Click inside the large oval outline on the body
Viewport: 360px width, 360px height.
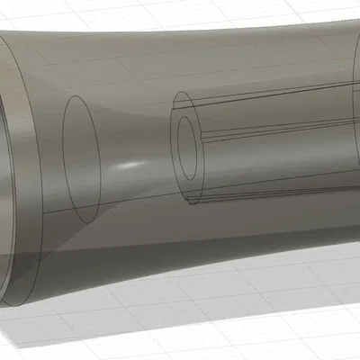tap(79, 157)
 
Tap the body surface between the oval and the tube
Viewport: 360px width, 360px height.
tap(135, 135)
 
